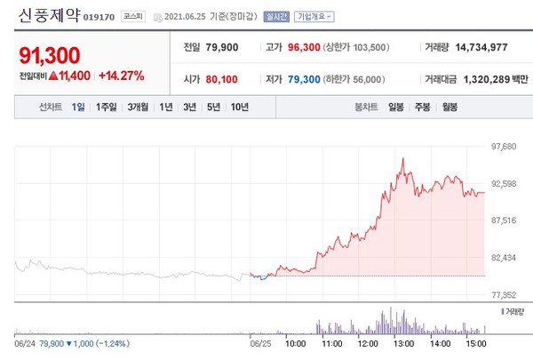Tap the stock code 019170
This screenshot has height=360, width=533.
(100, 17)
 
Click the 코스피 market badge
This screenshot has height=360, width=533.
(134, 17)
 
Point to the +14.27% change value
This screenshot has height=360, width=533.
(121, 76)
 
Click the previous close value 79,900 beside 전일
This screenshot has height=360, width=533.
(225, 46)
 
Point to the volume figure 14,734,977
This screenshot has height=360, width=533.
(485, 46)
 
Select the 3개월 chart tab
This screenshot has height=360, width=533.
(138, 108)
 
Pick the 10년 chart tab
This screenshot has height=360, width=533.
(240, 108)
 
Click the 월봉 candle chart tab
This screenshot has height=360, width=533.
(449, 108)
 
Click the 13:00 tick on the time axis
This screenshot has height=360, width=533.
(402, 341)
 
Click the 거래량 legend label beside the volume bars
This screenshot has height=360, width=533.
(514, 312)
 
